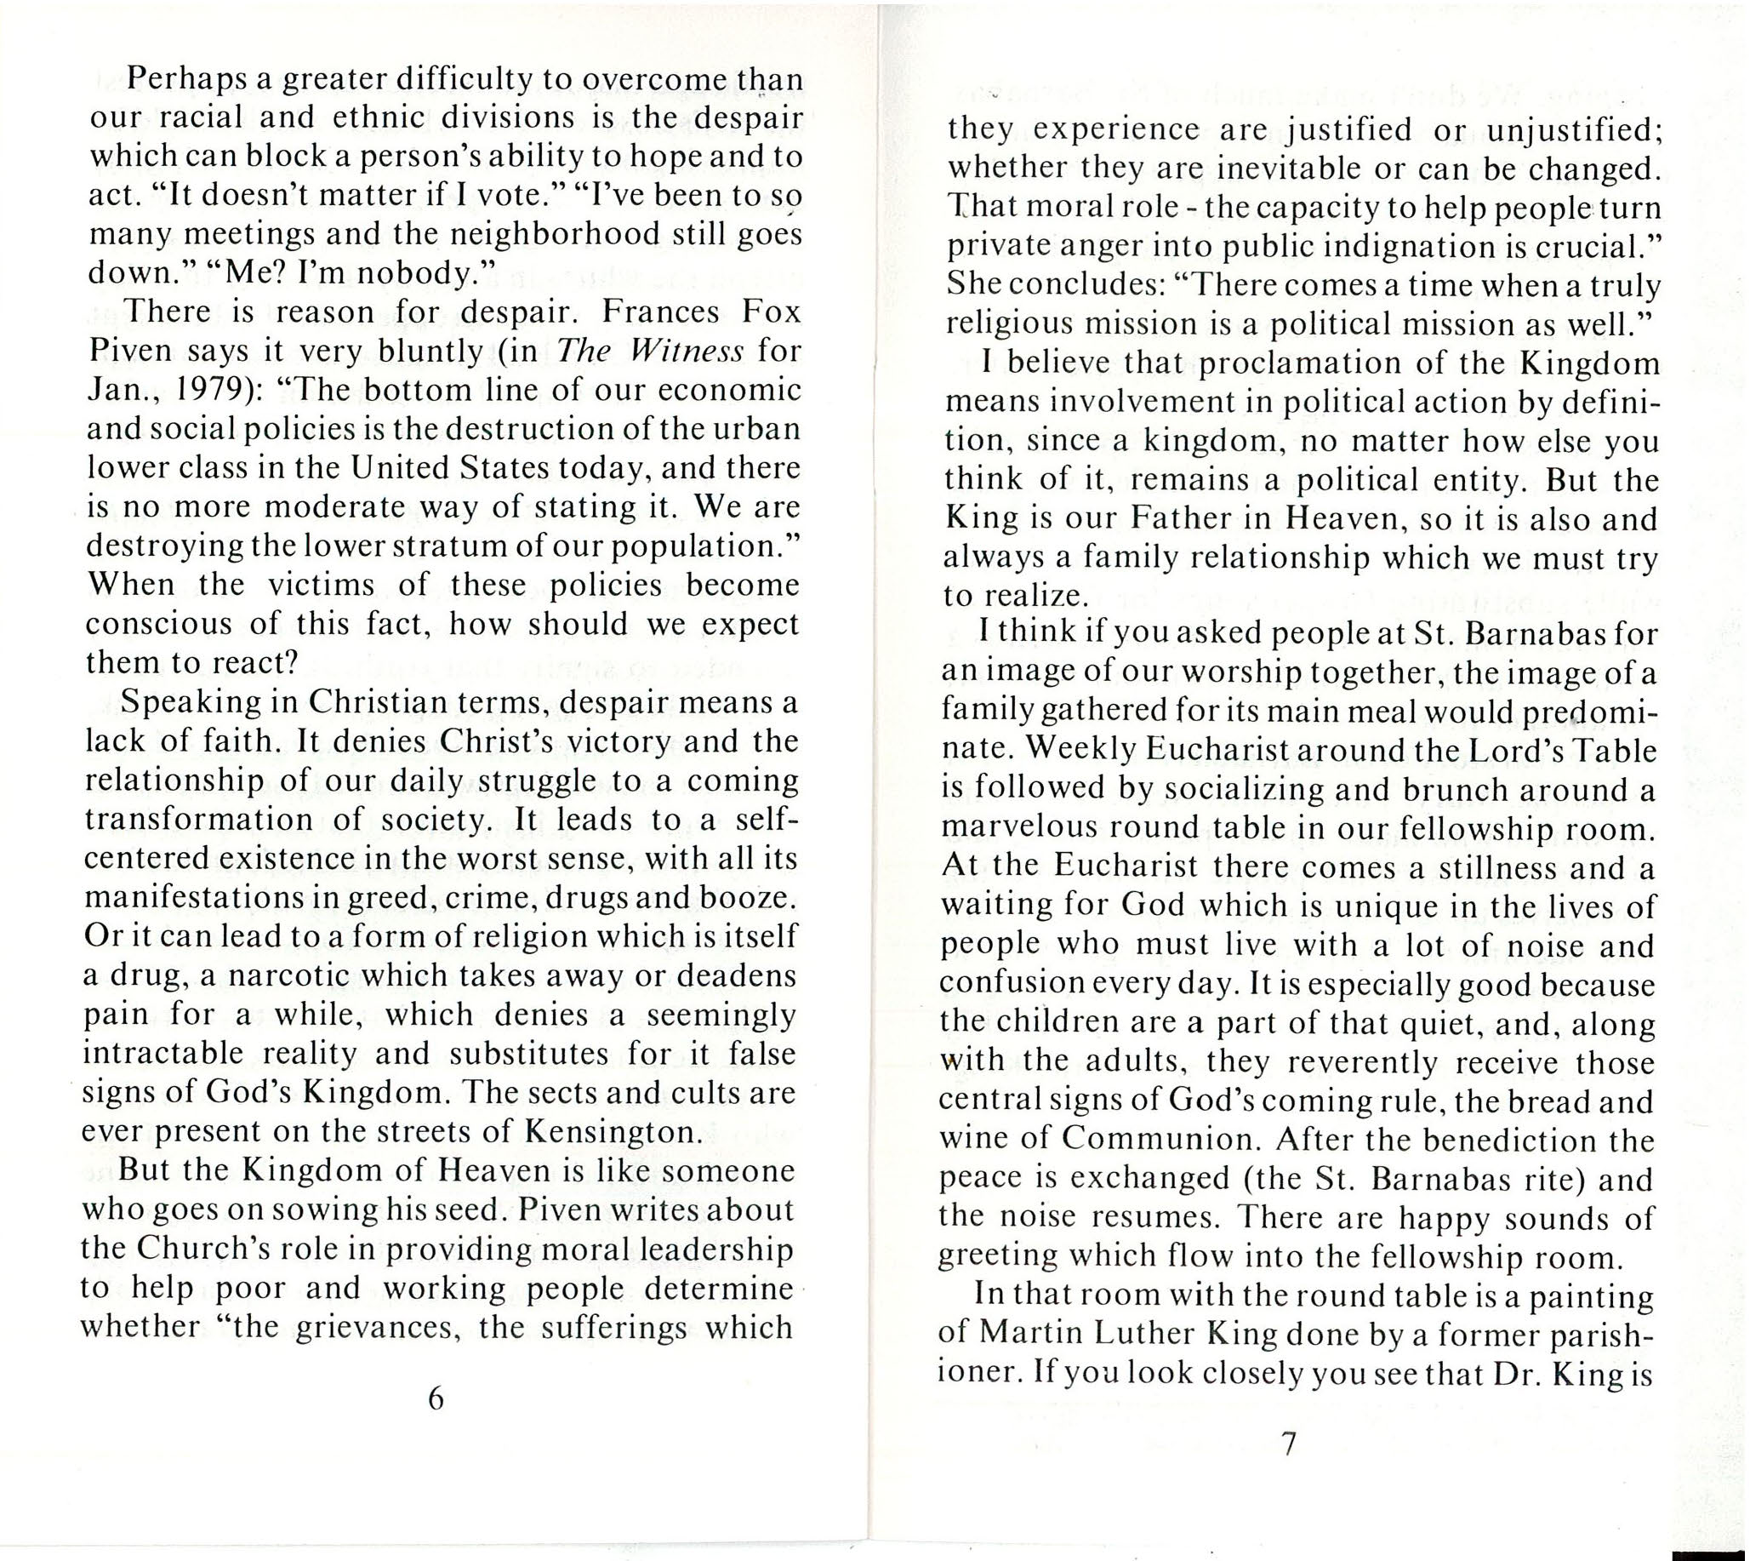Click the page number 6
point(436,1399)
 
